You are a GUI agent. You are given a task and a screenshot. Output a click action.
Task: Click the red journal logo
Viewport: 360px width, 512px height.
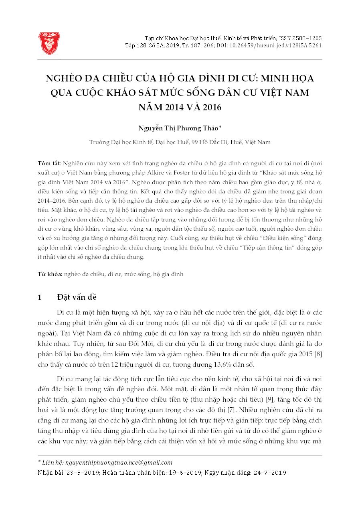click(49, 43)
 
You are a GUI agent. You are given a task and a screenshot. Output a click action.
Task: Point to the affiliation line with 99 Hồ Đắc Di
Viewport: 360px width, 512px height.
click(180, 142)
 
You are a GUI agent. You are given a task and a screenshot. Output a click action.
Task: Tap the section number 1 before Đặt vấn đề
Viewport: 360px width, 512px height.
click(39, 297)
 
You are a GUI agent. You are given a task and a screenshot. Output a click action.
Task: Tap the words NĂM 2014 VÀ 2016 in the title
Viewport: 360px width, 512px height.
click(180, 108)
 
